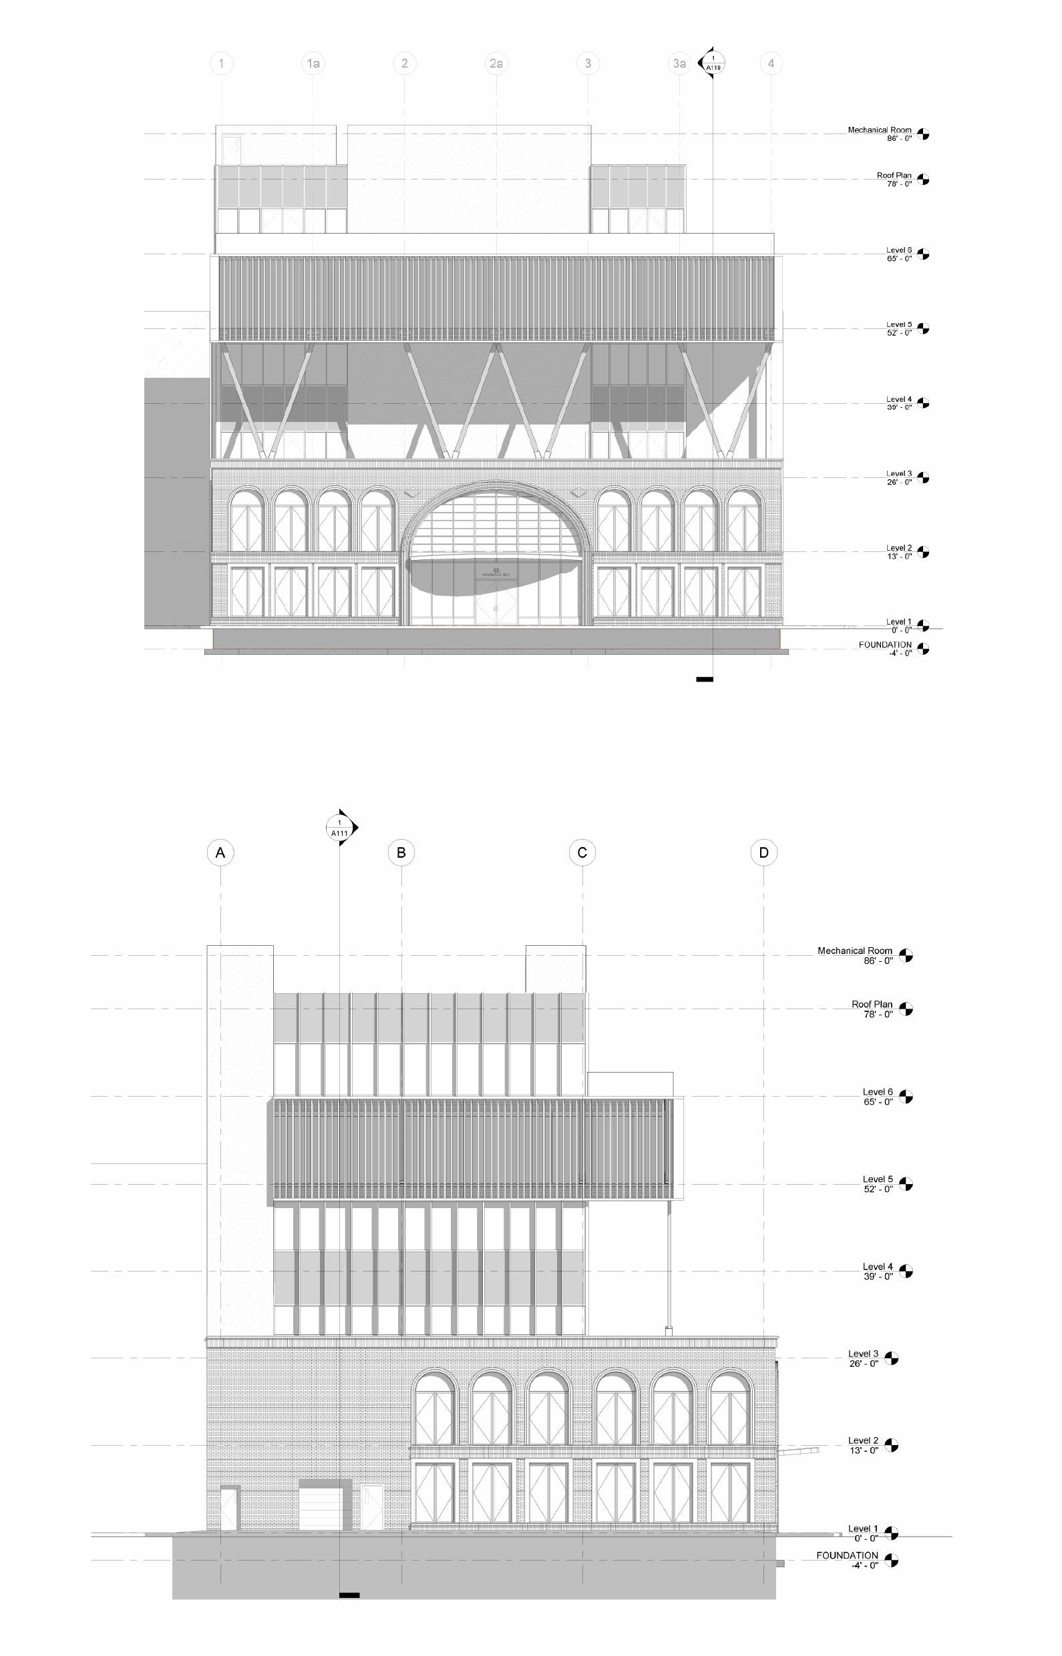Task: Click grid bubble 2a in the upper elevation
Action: tap(496, 63)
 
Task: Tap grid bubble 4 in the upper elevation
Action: tap(771, 63)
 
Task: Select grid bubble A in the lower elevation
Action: tap(220, 853)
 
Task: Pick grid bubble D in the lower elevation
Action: tap(763, 853)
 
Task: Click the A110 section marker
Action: tap(713, 63)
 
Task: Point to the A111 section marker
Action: tap(340, 828)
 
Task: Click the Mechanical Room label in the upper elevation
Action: tap(879, 129)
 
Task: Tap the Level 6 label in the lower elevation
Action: tap(877, 1091)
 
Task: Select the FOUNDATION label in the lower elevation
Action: tap(847, 1555)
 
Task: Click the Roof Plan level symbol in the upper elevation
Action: tap(923, 179)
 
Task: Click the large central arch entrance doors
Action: tap(496, 603)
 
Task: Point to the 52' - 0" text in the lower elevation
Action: tap(878, 1189)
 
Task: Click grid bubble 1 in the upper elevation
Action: tap(220, 63)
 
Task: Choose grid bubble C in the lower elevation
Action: tap(582, 853)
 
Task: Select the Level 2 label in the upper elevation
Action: tap(898, 548)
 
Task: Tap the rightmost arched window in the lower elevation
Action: tap(729, 1408)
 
